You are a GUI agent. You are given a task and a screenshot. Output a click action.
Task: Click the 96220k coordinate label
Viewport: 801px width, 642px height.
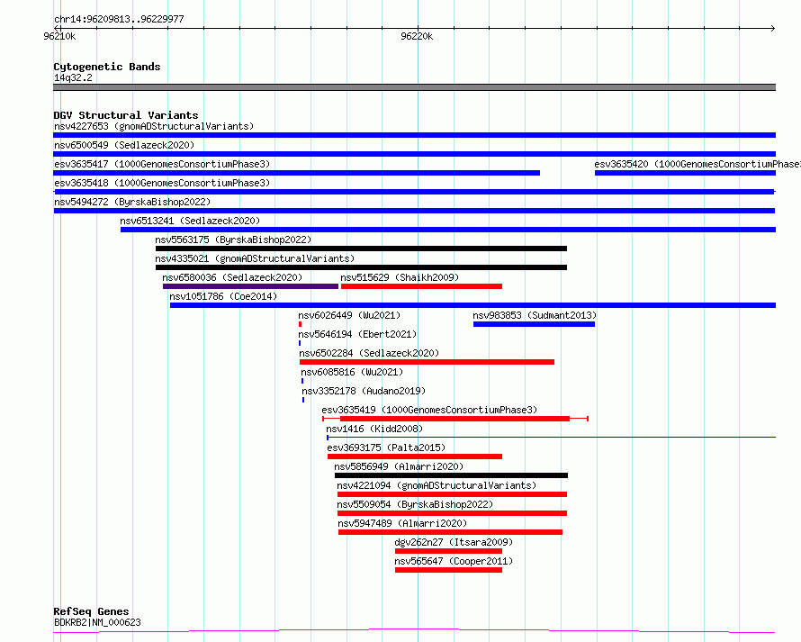coord(417,36)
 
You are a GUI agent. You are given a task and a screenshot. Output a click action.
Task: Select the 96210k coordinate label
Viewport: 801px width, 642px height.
coord(59,36)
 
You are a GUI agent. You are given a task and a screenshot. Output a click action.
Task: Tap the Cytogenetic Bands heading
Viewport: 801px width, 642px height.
coord(107,67)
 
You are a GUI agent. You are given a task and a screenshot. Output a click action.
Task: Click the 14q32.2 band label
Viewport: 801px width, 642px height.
coord(73,77)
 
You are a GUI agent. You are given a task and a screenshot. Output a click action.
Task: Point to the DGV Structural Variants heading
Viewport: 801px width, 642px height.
coord(126,115)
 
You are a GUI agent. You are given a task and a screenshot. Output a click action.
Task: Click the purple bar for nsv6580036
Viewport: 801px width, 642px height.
coord(250,286)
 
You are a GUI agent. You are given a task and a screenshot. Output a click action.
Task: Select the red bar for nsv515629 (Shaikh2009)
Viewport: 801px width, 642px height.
coord(421,286)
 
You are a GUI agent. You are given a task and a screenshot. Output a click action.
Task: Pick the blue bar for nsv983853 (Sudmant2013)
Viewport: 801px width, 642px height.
coord(534,324)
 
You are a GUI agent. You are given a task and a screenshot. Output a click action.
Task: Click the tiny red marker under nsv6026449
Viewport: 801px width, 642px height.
coord(300,324)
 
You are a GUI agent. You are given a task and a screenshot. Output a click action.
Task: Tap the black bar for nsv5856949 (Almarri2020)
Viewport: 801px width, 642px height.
coord(451,475)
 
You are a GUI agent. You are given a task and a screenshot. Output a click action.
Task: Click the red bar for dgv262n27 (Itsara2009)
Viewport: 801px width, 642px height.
coord(448,551)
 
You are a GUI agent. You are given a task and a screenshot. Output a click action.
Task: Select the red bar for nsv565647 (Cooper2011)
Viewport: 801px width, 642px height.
coord(448,570)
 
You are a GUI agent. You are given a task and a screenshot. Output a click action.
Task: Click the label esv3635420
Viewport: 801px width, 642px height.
coord(621,164)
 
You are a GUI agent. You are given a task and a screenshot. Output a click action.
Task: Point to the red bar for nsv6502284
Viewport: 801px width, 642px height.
coord(427,362)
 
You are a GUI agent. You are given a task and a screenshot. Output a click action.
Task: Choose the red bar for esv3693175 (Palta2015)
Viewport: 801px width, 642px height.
coord(415,457)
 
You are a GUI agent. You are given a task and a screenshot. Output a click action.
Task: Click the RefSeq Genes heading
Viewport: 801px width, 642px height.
coord(91,611)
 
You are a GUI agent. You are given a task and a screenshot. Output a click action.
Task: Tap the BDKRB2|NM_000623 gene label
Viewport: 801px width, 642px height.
coord(97,622)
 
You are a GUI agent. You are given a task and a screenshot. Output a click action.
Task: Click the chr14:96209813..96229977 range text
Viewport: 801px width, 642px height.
coord(119,19)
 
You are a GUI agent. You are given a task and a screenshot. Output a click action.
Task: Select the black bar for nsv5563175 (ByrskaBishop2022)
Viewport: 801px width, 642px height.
coord(361,249)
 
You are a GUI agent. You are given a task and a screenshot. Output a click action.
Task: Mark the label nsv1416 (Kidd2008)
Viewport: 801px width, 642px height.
coord(374,429)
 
